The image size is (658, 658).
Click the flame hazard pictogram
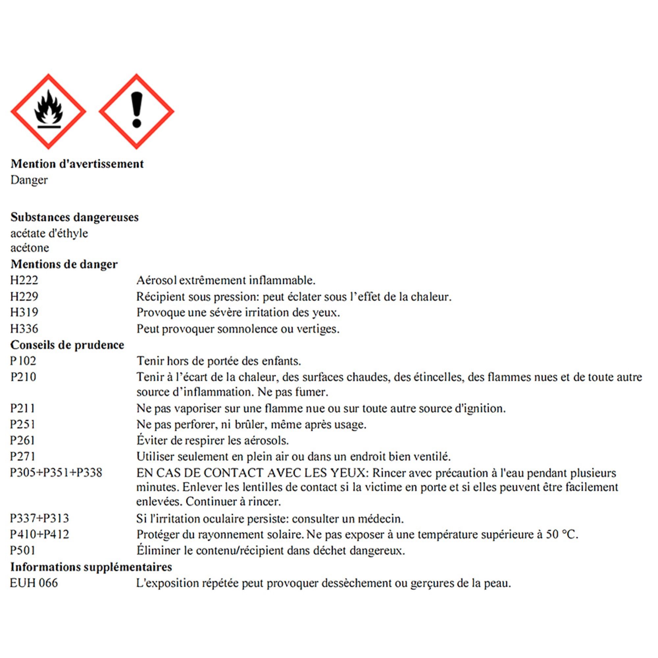point(48,112)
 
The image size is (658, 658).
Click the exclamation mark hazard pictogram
point(137,112)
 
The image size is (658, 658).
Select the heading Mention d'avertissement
point(77,164)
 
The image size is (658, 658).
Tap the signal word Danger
point(29,180)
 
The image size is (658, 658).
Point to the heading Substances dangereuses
point(75,217)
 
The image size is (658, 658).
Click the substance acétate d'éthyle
point(49,233)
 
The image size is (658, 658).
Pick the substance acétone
point(30,248)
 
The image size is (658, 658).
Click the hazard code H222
point(24,280)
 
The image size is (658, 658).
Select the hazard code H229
point(24,296)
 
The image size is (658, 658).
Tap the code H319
point(24,312)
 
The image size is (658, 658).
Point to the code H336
point(24,329)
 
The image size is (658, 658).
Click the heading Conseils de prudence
point(67,345)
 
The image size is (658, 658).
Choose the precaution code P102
point(23,361)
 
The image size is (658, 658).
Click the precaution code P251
point(23,424)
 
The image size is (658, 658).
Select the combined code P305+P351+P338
point(56,473)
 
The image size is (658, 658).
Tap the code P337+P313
point(39,519)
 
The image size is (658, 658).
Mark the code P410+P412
point(39,534)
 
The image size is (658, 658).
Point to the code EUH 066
point(34,583)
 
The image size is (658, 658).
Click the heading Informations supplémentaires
point(91,567)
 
